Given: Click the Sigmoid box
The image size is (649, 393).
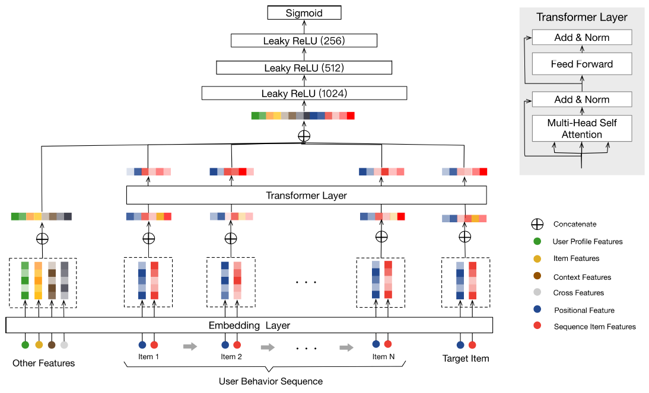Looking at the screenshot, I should [x=304, y=12].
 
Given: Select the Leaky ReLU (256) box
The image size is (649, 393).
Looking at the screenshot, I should [x=304, y=41].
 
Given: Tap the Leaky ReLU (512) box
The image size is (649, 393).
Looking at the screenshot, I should [x=304, y=68].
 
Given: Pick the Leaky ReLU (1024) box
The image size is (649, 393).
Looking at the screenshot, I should [x=304, y=94].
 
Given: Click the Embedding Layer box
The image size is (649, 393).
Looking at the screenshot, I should [x=249, y=325].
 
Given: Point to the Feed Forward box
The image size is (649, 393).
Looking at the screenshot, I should [x=581, y=64].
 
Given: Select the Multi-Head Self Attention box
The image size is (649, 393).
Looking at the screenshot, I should [x=581, y=129].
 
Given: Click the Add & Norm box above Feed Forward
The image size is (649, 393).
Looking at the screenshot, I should [x=581, y=37].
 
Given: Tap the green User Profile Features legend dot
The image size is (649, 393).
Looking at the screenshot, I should [x=537, y=241].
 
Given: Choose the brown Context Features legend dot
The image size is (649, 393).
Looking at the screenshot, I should [x=537, y=276].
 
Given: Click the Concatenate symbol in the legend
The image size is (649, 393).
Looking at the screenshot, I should [x=537, y=225].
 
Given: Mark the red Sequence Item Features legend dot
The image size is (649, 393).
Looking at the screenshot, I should [x=537, y=326].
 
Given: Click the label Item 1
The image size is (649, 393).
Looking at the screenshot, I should [x=148, y=357].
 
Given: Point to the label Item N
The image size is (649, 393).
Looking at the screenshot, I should [x=383, y=356].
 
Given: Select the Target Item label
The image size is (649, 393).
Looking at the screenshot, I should [x=466, y=359].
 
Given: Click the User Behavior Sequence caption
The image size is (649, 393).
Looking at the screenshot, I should [x=271, y=381].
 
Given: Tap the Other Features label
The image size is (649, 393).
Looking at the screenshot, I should [x=44, y=363].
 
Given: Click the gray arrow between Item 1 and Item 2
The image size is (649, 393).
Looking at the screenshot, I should [x=190, y=347].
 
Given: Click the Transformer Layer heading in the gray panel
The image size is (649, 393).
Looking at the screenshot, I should [x=581, y=17].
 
